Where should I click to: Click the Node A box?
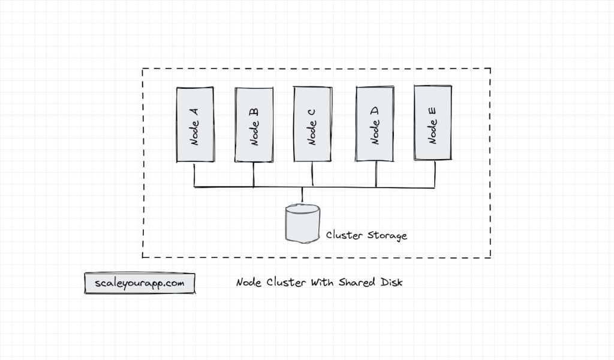tap(195, 125)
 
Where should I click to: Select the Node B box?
tap(254, 125)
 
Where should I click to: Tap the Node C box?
tap(312, 124)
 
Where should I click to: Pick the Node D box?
tap(375, 124)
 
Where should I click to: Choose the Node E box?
tap(432, 123)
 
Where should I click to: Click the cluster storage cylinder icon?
tap(302, 223)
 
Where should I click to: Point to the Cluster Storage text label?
tap(366, 235)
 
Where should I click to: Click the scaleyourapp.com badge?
tap(140, 283)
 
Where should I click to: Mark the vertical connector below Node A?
tap(194, 175)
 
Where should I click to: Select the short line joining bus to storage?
tap(302, 196)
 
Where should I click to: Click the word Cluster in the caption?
tap(284, 283)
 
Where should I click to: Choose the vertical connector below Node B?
tap(254, 175)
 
